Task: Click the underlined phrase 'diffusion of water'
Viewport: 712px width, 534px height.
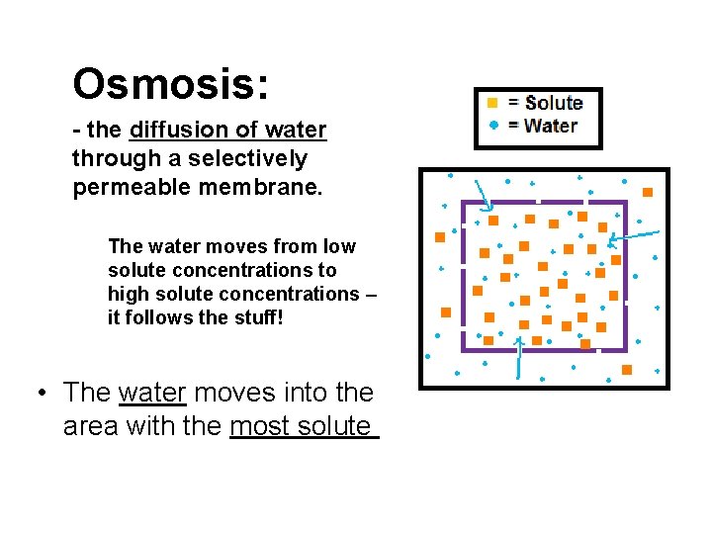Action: point(227,131)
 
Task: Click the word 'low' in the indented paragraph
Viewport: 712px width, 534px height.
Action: point(339,246)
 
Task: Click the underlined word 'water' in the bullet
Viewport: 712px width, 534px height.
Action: point(152,393)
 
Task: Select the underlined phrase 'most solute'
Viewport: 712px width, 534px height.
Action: point(303,426)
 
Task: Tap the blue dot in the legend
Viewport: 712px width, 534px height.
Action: point(492,126)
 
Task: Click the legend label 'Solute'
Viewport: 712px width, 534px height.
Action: point(554,103)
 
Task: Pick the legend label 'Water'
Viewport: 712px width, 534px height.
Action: point(551,126)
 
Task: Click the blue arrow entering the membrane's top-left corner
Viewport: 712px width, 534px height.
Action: point(483,195)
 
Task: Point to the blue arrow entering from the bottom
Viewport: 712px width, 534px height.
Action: point(519,356)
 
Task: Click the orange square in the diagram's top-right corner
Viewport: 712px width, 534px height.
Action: point(648,192)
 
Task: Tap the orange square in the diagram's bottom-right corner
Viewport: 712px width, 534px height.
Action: point(627,370)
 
